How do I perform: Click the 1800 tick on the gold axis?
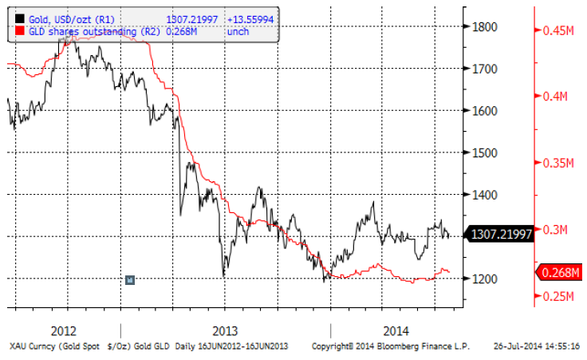pos(487,26)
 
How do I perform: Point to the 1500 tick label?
pos(487,152)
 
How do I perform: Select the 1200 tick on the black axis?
pos(487,279)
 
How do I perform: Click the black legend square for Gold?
pos(10,19)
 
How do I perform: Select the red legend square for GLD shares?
pos(10,31)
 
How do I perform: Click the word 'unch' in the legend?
pos(238,31)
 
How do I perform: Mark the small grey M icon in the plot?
pos(130,279)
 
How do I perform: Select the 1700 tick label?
pos(487,69)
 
